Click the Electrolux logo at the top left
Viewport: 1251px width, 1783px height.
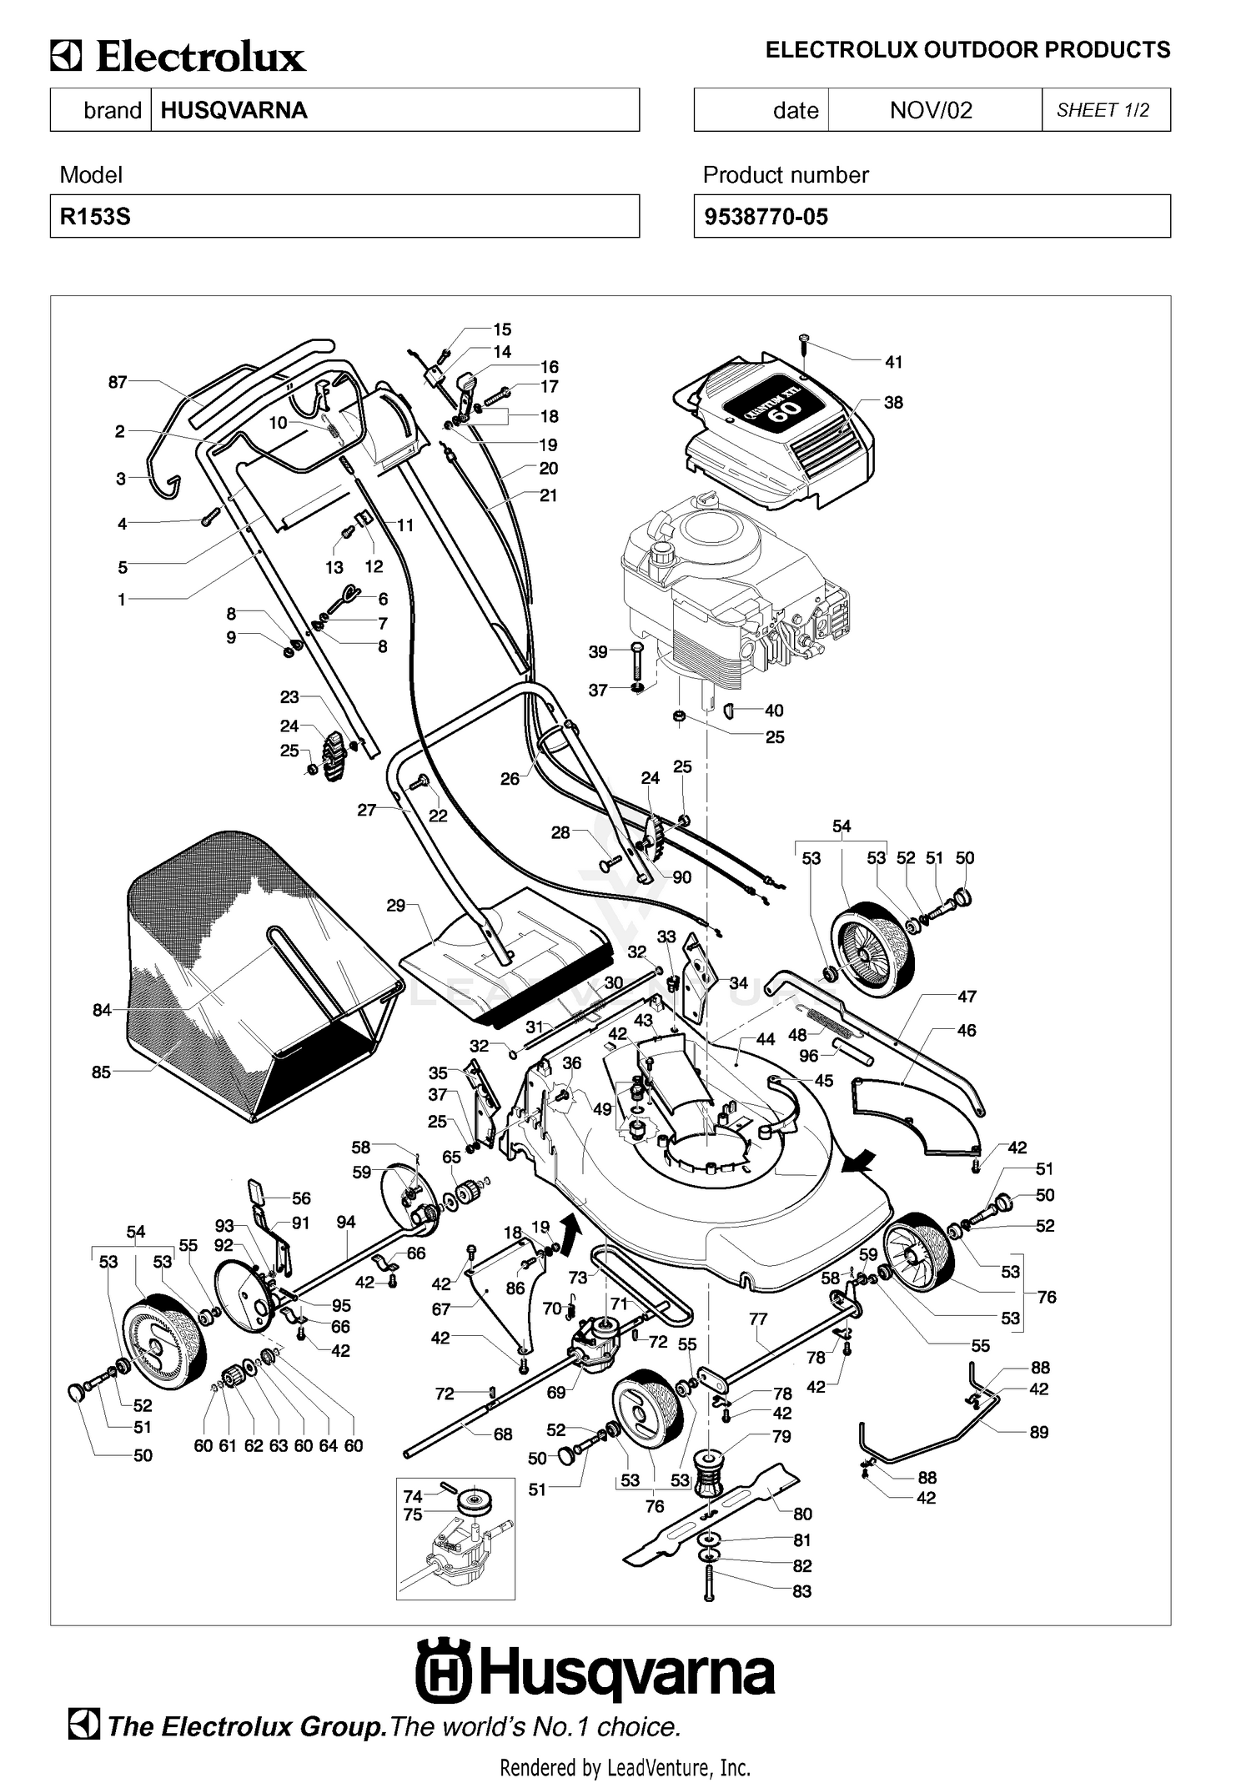pyautogui.click(x=178, y=58)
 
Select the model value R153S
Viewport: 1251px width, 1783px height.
pyautogui.click(x=95, y=217)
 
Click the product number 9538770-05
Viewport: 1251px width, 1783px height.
pyautogui.click(x=766, y=217)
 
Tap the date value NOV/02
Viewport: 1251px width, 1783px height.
pyautogui.click(x=931, y=110)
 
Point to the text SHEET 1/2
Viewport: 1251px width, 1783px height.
pyautogui.click(x=1103, y=110)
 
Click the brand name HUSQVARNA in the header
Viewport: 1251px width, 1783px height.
pyautogui.click(x=234, y=110)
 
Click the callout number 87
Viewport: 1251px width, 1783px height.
pyautogui.click(x=118, y=382)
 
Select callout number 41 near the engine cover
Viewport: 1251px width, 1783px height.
pyautogui.click(x=893, y=362)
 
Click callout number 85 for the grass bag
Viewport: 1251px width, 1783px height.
pyautogui.click(x=101, y=1072)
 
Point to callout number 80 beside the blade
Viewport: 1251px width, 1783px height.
pyautogui.click(x=802, y=1514)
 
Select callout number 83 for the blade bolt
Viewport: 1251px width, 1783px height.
pyautogui.click(x=801, y=1591)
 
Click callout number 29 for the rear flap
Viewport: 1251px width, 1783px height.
pyautogui.click(x=396, y=905)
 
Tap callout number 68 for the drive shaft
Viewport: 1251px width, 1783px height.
pyautogui.click(x=503, y=1434)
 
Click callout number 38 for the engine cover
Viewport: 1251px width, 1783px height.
pyautogui.click(x=893, y=402)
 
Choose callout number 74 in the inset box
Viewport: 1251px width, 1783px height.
pyautogui.click(x=413, y=1496)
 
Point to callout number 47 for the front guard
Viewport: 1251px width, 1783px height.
pyautogui.click(x=967, y=996)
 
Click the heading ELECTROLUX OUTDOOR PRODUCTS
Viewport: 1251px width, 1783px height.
pyautogui.click(x=967, y=50)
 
